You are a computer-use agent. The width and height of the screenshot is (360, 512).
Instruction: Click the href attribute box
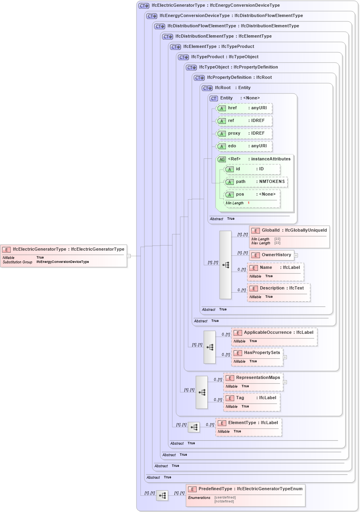[244, 108]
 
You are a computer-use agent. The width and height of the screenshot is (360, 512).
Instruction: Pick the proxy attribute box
[244, 133]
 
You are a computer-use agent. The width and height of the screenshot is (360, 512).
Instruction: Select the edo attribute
[244, 146]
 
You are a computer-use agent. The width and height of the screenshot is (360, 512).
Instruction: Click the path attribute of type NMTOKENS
[256, 182]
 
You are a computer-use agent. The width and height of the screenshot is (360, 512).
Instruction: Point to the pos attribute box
[252, 194]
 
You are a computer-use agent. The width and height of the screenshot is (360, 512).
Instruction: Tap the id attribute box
[252, 169]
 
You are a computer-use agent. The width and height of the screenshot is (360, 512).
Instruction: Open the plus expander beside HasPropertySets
[285, 357]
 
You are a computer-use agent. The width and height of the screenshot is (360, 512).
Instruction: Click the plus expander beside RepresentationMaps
[285, 382]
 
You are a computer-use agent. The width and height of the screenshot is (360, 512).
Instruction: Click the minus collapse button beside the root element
[129, 256]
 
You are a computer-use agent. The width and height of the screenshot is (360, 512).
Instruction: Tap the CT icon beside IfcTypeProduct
[184, 57]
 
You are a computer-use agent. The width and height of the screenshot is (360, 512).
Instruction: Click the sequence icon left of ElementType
[194, 427]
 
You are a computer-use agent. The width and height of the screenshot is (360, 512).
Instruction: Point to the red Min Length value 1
[248, 203]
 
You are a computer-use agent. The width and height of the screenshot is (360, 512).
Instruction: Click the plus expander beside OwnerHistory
[296, 255]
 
